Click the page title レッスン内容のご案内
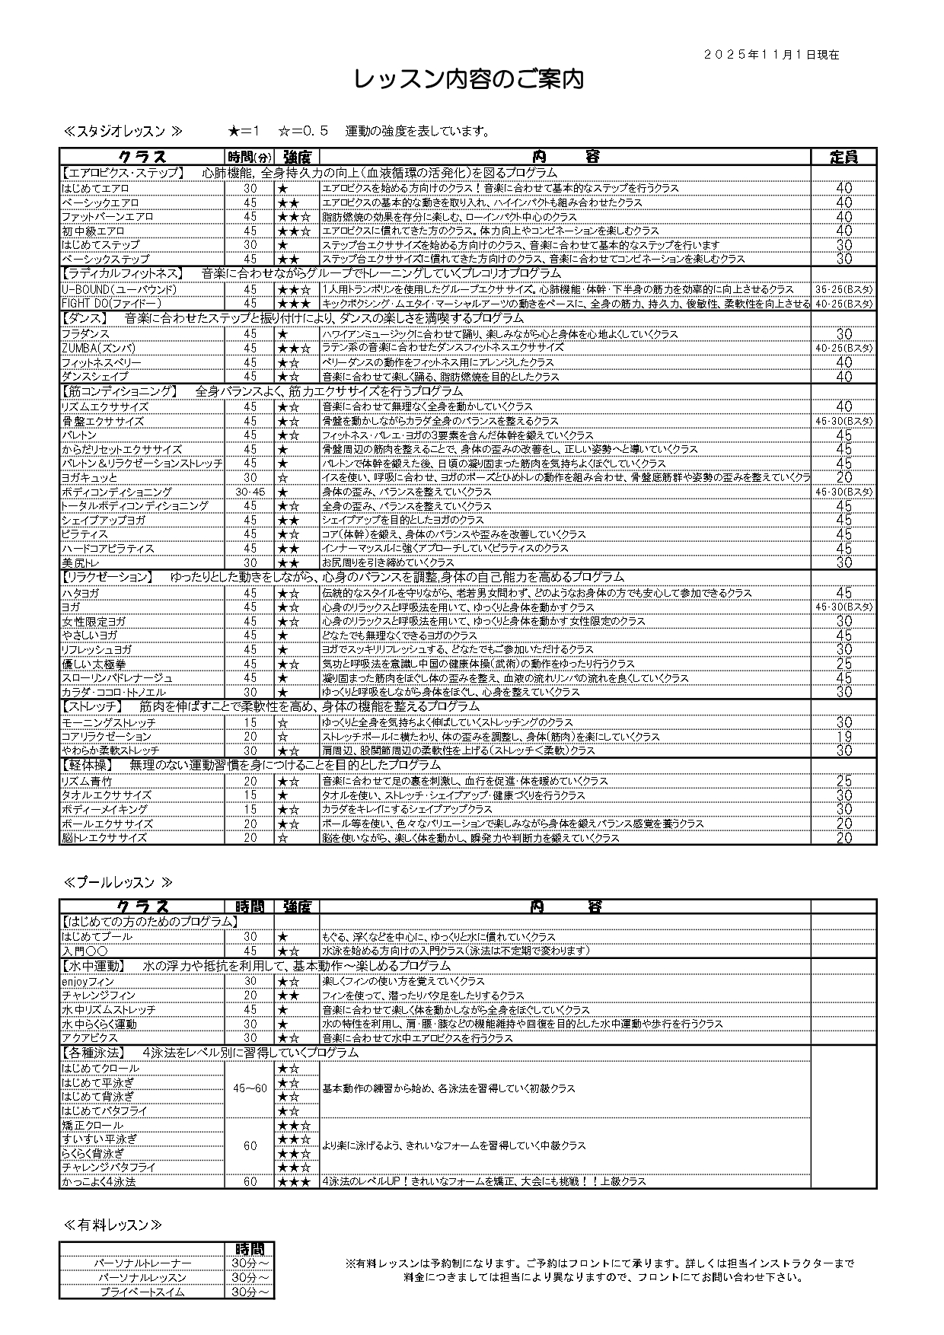tap(470, 80)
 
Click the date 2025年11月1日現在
tap(771, 55)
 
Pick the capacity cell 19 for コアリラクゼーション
tap(844, 736)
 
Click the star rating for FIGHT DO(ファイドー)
tap(294, 303)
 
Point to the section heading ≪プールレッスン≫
tap(118, 882)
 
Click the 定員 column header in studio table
tap(844, 157)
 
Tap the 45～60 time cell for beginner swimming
tap(250, 1088)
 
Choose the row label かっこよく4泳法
tap(99, 1181)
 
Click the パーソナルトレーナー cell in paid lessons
tap(143, 1263)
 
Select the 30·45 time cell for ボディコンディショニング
tap(250, 492)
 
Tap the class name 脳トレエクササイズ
tap(105, 837)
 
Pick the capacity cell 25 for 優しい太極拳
tap(844, 664)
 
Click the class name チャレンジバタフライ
tap(109, 1167)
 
